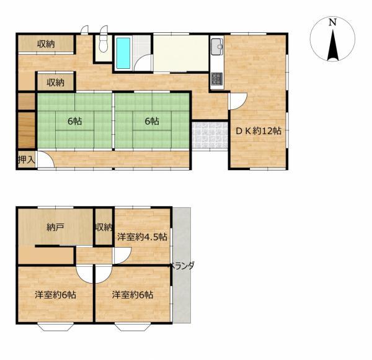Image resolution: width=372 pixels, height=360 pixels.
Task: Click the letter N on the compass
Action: coord(332,22)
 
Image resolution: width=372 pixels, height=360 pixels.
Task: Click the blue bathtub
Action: coord(123,53)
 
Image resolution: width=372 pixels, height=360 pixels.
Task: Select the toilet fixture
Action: coord(103,43)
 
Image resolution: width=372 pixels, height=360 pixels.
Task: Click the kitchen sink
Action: coord(216,46)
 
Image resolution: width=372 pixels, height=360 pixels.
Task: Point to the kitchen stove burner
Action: coord(217,79)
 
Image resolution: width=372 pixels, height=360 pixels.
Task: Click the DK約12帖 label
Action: coord(259,131)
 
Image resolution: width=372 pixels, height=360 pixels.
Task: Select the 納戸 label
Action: coord(55,227)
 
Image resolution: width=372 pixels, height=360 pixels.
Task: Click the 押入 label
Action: coord(27,160)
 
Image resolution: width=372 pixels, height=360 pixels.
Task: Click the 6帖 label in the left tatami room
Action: coord(75,122)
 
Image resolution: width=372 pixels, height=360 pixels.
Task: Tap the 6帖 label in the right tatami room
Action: coord(152,122)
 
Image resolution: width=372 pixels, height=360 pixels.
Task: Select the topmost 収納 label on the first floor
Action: coord(46,44)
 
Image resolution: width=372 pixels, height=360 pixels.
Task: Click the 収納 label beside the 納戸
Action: coord(104,227)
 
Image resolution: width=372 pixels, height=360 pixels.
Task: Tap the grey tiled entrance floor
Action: coord(210,136)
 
